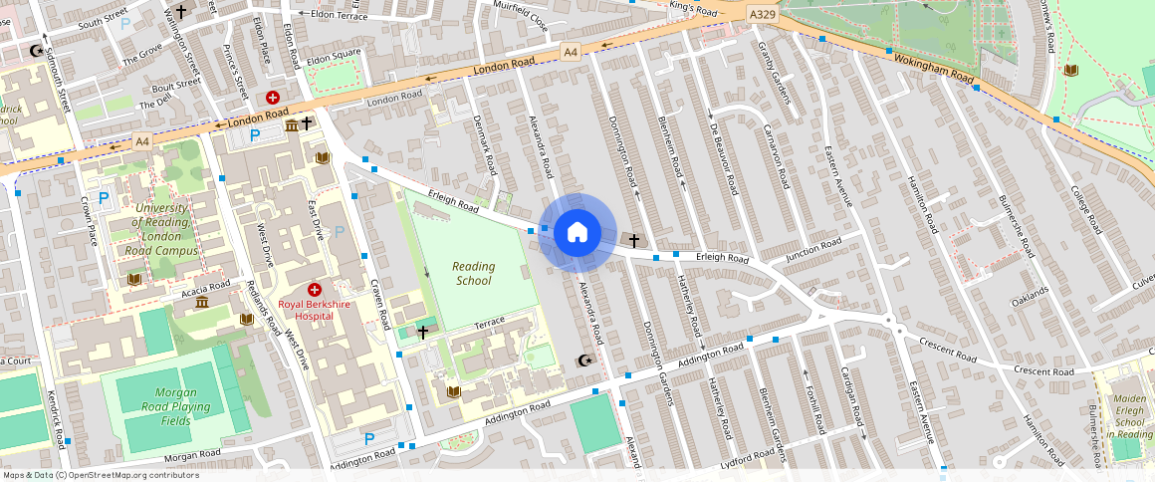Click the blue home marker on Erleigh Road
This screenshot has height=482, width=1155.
pyautogui.click(x=577, y=233)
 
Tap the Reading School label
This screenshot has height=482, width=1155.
pyautogui.click(x=473, y=273)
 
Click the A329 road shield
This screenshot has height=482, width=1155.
pyautogui.click(x=762, y=13)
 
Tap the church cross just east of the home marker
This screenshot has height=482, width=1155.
pyautogui.click(x=633, y=241)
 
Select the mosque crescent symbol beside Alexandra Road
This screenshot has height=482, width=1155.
pyautogui.click(x=585, y=361)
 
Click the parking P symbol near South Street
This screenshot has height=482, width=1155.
pyautogui.click(x=125, y=24)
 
